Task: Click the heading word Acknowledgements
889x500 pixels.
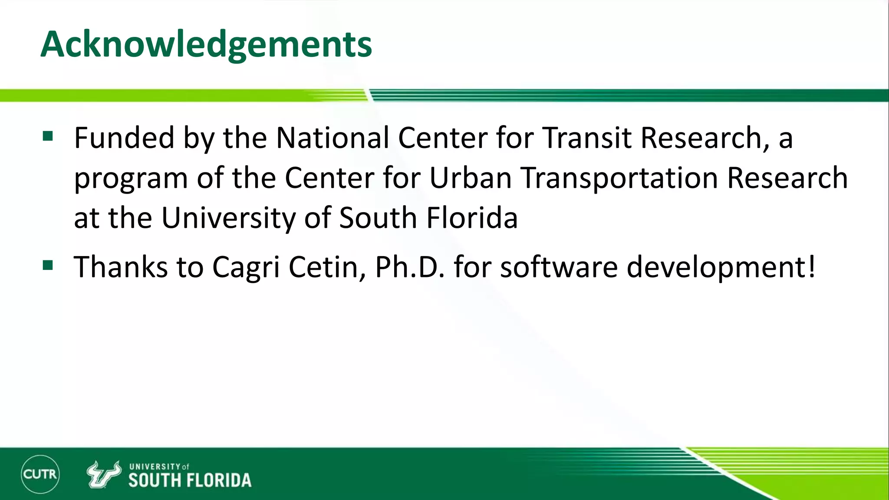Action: tap(206, 44)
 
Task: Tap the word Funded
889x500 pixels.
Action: tap(124, 138)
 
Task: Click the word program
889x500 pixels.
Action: tap(131, 179)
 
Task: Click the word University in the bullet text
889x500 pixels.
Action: tap(228, 218)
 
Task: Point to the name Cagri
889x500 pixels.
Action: tap(246, 267)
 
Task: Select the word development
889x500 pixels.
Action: tap(721, 267)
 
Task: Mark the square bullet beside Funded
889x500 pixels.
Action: tap(48, 137)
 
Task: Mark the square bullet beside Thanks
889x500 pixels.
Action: tap(48, 265)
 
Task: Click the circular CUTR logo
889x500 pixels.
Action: tap(40, 474)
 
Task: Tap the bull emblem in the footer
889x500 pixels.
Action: tap(103, 474)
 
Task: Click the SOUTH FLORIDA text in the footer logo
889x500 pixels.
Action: tap(190, 480)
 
